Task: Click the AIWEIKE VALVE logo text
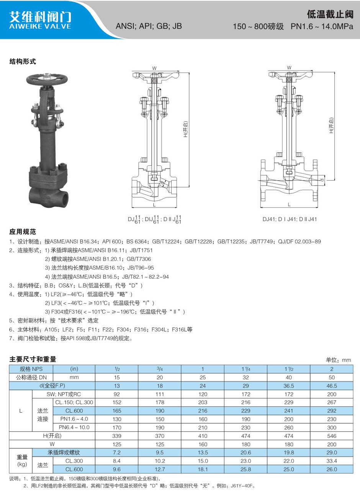(40, 26)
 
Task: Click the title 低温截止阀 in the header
(330, 14)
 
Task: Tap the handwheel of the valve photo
(47, 79)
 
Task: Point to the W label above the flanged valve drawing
(289, 67)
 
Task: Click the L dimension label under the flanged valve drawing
(289, 204)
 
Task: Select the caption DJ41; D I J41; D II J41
(290, 219)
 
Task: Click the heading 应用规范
(23, 232)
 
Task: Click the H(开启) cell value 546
(332, 436)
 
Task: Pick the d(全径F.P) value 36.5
(289, 386)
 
